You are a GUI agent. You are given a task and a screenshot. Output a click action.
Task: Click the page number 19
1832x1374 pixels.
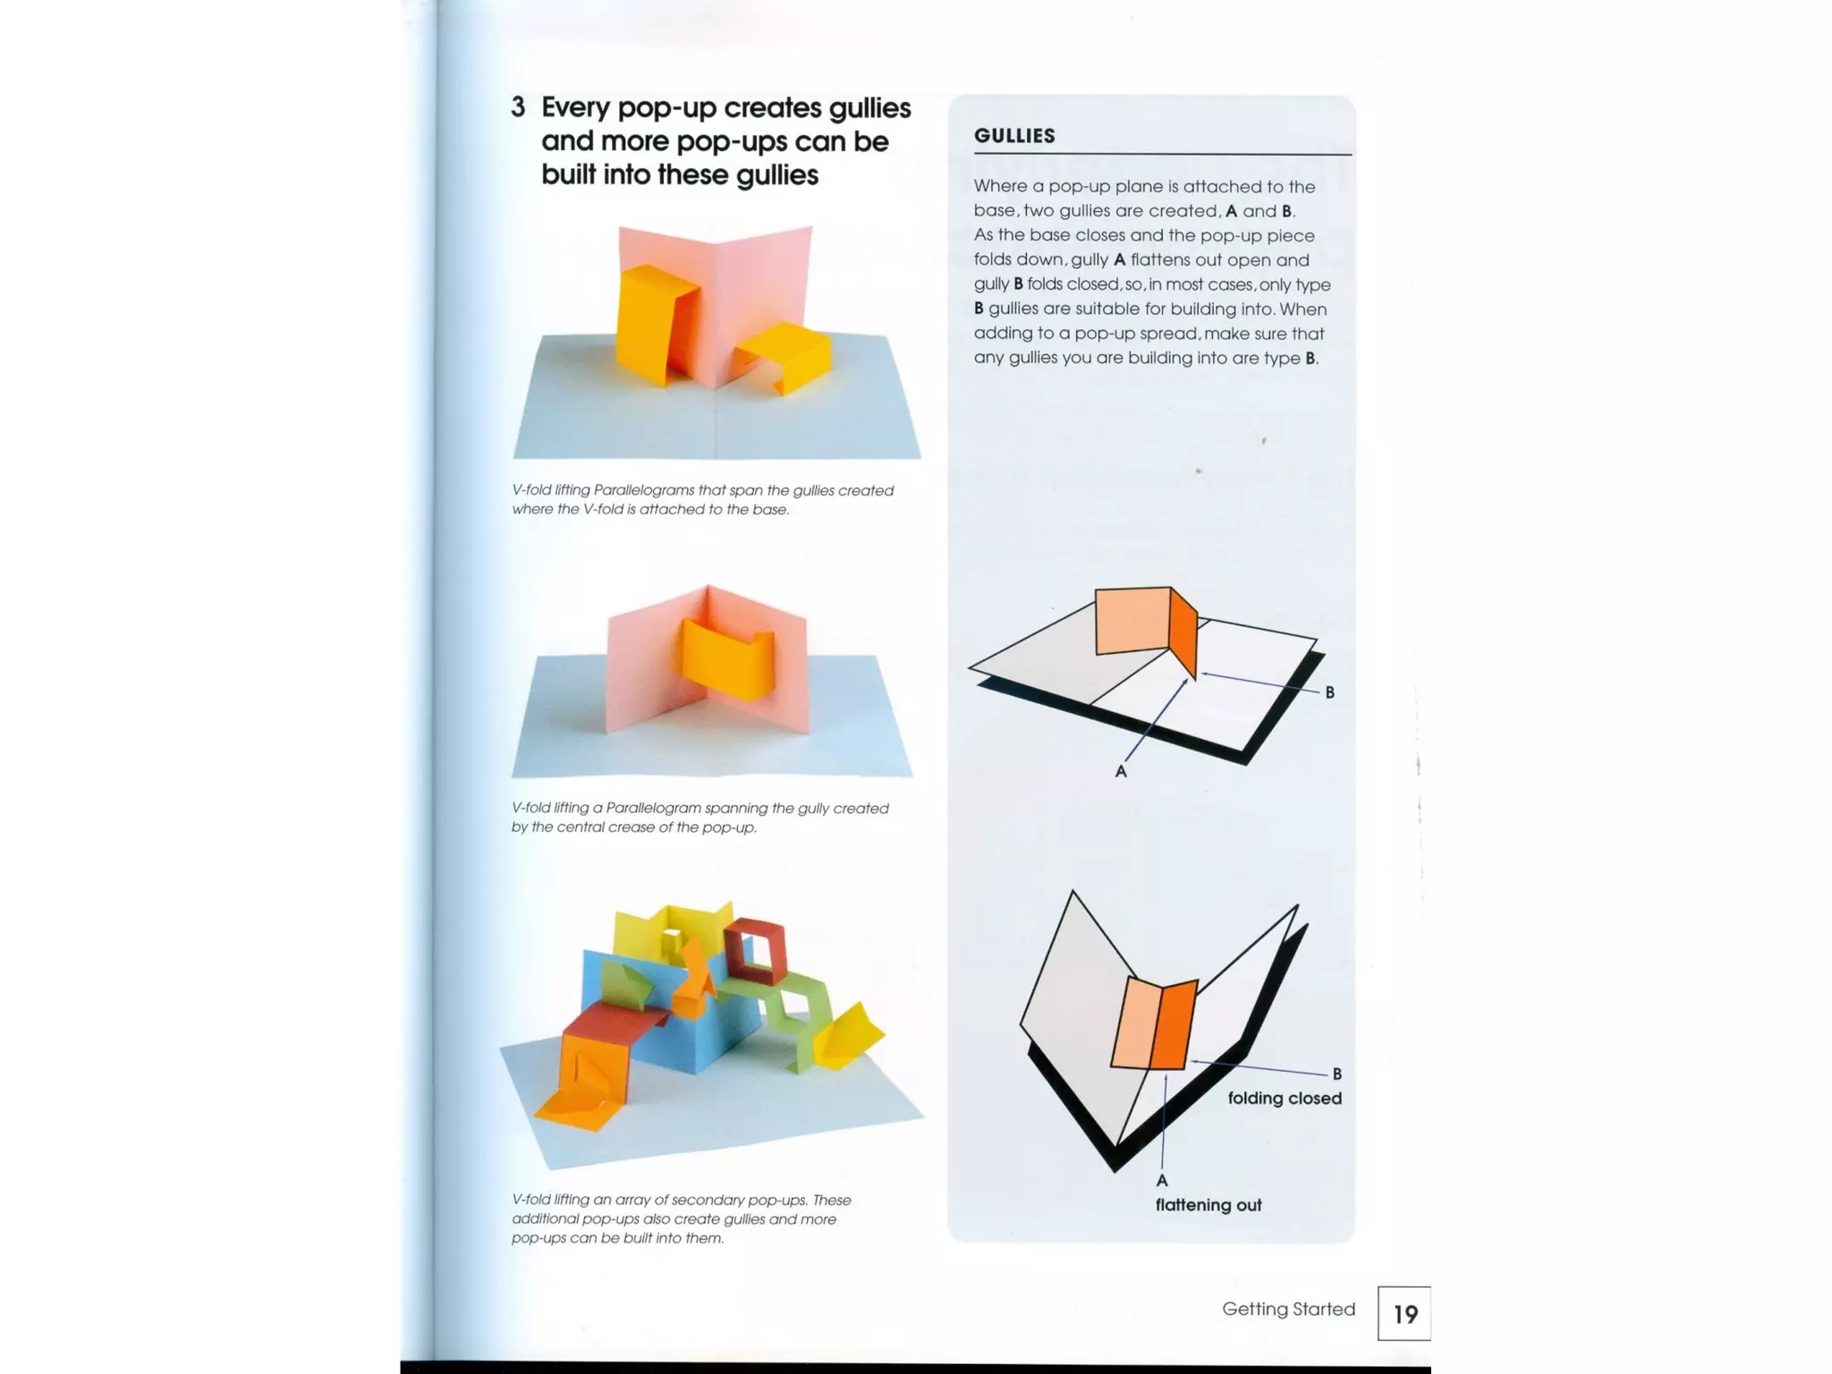[1404, 1313]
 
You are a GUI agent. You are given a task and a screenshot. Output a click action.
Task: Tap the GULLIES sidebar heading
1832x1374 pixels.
[1014, 136]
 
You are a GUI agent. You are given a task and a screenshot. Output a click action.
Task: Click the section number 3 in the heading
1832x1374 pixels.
[518, 108]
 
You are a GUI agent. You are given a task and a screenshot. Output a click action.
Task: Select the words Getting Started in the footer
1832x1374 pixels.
[1288, 1309]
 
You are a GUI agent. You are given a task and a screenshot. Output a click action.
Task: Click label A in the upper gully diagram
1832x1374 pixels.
[1121, 771]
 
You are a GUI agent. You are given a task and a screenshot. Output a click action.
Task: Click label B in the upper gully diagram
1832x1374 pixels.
[1329, 692]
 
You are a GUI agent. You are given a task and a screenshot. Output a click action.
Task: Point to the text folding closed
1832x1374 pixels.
[1285, 1098]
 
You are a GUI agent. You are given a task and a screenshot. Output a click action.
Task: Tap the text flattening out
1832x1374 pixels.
[1208, 1205]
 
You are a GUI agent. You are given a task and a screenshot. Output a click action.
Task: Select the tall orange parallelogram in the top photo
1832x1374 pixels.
[649, 324]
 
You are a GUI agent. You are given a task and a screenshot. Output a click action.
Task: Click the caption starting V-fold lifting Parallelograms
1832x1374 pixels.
[702, 500]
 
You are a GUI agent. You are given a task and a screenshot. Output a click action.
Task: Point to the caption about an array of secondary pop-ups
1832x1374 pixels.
[681, 1218]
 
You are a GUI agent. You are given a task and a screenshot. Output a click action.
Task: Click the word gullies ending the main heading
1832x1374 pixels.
[776, 174]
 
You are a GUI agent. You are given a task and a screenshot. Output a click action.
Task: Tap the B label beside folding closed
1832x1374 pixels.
[1336, 1073]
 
